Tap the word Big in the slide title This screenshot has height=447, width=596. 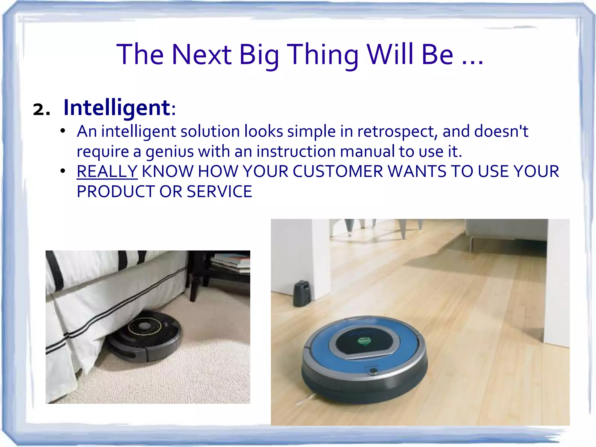pos(259,55)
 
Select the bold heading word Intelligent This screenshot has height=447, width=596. pos(117,108)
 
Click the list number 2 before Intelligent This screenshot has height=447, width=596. pos(41,110)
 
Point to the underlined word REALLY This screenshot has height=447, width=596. pos(107,171)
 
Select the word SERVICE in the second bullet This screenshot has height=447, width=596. pos(219,191)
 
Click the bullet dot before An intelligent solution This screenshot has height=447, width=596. pos(62,131)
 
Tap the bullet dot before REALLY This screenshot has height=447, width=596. pos(62,171)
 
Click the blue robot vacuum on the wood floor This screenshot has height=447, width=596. pos(364,358)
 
